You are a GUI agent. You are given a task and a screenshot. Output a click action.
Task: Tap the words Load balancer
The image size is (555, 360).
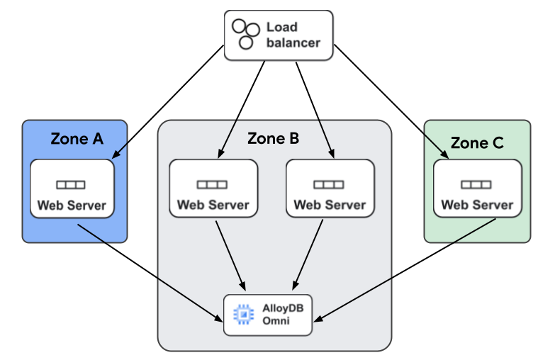293,35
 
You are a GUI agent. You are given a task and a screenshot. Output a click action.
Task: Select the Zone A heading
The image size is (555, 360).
77,139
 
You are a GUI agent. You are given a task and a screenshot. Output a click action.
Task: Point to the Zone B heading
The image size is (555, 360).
273,139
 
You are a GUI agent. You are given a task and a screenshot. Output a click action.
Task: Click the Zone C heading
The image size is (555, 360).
477,143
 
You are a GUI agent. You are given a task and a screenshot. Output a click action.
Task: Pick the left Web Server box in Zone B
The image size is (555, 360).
213,188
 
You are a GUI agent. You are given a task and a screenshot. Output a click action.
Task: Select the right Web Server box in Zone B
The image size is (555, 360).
330,188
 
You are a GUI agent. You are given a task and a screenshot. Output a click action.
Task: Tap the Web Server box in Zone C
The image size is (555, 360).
477,188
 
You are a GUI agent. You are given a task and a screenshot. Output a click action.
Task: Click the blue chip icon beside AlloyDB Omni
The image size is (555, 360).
243,314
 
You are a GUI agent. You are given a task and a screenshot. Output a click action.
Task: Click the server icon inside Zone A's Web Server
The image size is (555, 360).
71,185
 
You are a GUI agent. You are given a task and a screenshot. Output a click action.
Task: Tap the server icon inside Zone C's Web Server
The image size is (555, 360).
476,184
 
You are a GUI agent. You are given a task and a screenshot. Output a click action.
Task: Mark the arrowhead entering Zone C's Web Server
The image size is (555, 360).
444,154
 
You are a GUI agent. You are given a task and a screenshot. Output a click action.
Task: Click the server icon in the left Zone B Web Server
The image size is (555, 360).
212,184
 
